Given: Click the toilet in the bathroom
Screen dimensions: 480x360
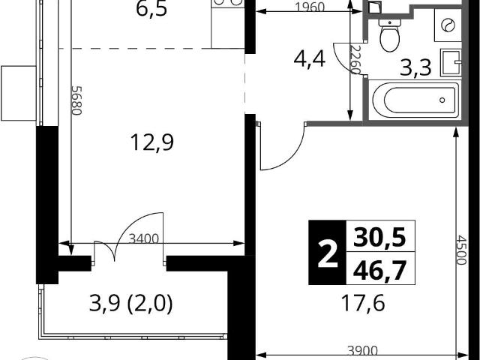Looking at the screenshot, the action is point(390,35).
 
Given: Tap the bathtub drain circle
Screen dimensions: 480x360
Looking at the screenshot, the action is point(442,100).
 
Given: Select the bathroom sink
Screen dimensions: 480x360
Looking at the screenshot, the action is point(451,62).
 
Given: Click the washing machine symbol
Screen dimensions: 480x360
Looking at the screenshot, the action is point(448,25).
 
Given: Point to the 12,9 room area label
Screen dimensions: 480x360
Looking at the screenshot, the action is point(152,142).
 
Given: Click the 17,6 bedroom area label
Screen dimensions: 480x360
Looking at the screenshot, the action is point(363,303).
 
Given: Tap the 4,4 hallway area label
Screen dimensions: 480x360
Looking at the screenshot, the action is point(309,59).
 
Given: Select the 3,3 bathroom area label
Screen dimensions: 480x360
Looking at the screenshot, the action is point(415,68).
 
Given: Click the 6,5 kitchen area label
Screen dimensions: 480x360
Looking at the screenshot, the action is point(151,9).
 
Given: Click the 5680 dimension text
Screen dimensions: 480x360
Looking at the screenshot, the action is point(76,100).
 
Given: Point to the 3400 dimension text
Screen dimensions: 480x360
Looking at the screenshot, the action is point(144,238).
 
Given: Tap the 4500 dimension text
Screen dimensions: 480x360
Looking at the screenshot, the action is point(461,250).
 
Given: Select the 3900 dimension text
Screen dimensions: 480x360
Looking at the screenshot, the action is point(362,351).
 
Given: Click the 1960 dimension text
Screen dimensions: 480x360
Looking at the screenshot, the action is point(310,7).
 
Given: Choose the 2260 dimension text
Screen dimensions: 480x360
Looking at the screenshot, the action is point(355,60).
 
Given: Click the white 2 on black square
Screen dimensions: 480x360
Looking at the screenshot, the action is point(328,253).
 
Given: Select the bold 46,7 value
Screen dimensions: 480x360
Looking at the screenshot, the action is point(379,271).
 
